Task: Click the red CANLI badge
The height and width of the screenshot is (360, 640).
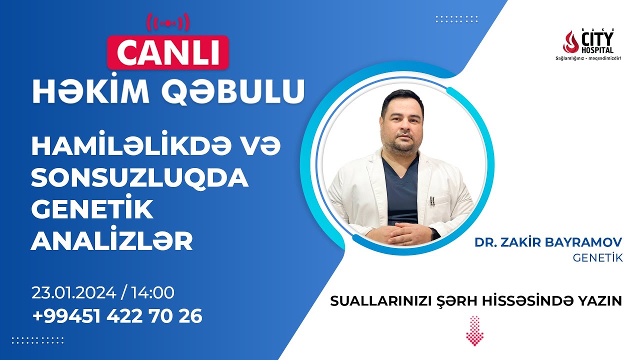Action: tap(167, 52)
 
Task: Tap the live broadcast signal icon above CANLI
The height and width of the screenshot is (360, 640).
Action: tap(167, 22)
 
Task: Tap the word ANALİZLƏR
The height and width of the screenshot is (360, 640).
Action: tap(111, 241)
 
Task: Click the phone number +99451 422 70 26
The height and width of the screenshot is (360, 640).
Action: tap(117, 316)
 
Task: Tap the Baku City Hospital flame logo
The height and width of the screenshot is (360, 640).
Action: tap(570, 42)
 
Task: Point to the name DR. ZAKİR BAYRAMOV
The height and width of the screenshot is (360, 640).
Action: tap(548, 243)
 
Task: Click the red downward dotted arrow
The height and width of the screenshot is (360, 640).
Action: tap(474, 330)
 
